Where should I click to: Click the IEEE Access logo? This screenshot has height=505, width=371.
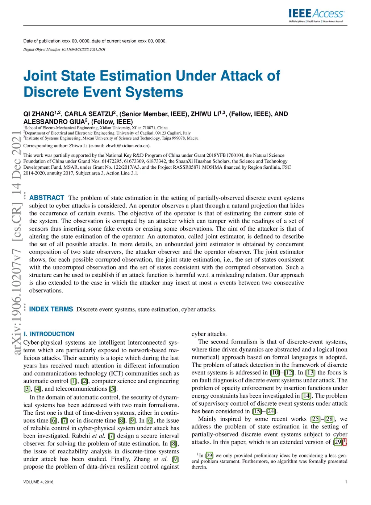click(316, 15)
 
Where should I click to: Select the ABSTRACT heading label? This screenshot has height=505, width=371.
click(47, 198)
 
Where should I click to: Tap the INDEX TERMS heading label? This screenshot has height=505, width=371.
click(51, 309)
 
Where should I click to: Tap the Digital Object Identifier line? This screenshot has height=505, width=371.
click(64, 49)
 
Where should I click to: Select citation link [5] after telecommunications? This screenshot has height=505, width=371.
click(113, 389)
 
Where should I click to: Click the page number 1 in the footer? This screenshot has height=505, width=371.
click(346, 482)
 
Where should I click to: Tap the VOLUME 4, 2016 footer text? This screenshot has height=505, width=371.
click(38, 482)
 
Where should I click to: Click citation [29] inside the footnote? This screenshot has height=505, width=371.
click(209, 456)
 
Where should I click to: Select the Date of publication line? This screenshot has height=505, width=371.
click(95, 41)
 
